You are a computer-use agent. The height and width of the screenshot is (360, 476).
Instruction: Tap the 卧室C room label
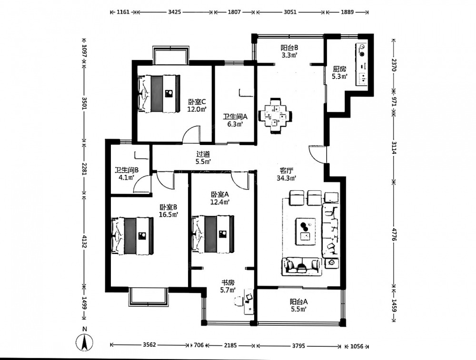197,102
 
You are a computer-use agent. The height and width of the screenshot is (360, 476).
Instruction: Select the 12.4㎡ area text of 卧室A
220,202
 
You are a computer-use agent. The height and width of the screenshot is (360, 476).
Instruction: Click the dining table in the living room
275,116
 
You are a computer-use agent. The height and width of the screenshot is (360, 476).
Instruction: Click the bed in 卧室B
133,236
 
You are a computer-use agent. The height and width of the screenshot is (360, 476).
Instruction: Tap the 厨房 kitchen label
339,69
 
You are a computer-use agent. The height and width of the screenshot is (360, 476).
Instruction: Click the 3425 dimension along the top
175,12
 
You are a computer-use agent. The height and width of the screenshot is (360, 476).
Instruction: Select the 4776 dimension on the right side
394,234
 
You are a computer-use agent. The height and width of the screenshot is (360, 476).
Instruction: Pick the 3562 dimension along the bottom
149,345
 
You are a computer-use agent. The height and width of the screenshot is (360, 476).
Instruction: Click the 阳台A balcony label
299,302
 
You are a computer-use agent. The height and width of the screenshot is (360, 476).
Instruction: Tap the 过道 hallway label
203,155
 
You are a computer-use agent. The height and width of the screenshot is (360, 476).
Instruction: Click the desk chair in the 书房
238,301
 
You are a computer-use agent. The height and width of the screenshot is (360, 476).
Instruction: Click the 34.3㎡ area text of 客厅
286,178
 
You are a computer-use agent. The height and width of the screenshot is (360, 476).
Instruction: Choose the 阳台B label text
289,48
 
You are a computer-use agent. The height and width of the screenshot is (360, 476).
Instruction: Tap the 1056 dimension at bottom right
357,346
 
